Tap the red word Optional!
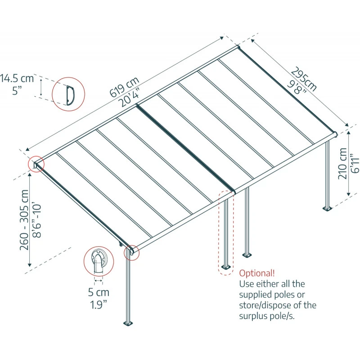(256, 273)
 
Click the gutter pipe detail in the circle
(98, 262)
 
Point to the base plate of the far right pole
(327, 208)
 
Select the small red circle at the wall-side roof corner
(36, 164)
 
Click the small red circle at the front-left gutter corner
(132, 252)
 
